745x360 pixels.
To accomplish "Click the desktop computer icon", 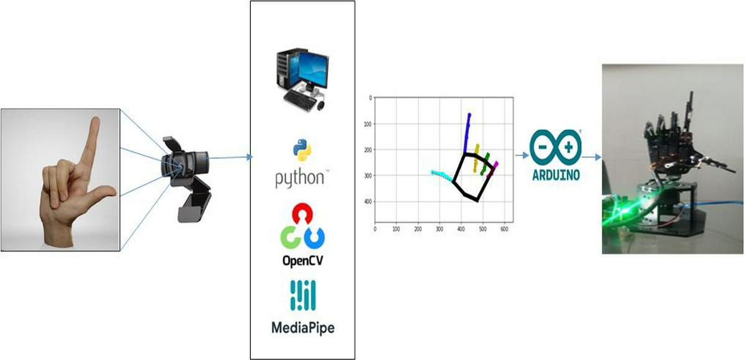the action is coord(302,80).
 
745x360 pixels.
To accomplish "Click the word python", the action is coord(299,178).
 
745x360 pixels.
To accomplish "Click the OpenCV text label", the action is coord(302,260).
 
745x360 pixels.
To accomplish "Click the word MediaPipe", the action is coord(302,326).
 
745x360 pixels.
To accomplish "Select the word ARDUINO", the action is coord(556,175).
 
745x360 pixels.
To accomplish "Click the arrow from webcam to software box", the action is coord(230,157).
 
